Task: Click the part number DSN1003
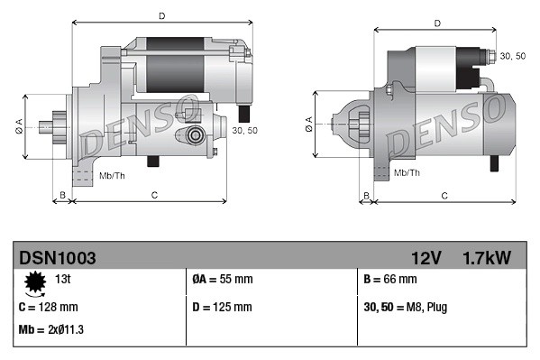[x=58, y=258]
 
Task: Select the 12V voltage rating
[x=426, y=258]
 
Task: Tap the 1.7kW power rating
[x=486, y=258]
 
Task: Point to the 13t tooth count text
[x=63, y=279]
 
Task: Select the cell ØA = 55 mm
[x=223, y=281]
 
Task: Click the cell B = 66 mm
[x=394, y=281]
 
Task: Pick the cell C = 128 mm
[x=49, y=307]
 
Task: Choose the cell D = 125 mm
[x=223, y=307]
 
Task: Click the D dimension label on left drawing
[x=160, y=15]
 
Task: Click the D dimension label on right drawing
[x=437, y=23]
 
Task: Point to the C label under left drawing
[x=154, y=195]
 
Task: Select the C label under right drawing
[x=444, y=195]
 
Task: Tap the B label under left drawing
[x=62, y=195]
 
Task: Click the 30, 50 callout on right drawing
[x=512, y=56]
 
